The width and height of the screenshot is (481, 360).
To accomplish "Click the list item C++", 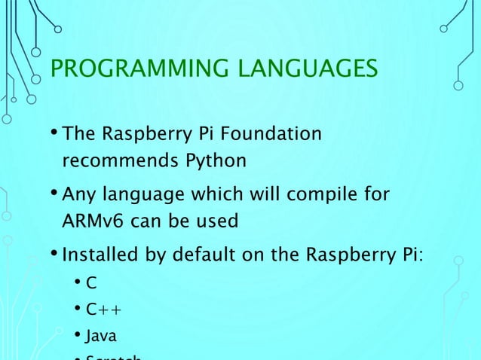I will point(104,310).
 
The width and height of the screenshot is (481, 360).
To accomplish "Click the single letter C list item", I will point(91,284).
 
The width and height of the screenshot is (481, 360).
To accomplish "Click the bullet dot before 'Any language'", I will point(54,195).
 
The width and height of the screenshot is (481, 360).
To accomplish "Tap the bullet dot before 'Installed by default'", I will point(54,255).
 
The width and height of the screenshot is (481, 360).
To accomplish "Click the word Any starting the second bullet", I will point(77,195).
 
